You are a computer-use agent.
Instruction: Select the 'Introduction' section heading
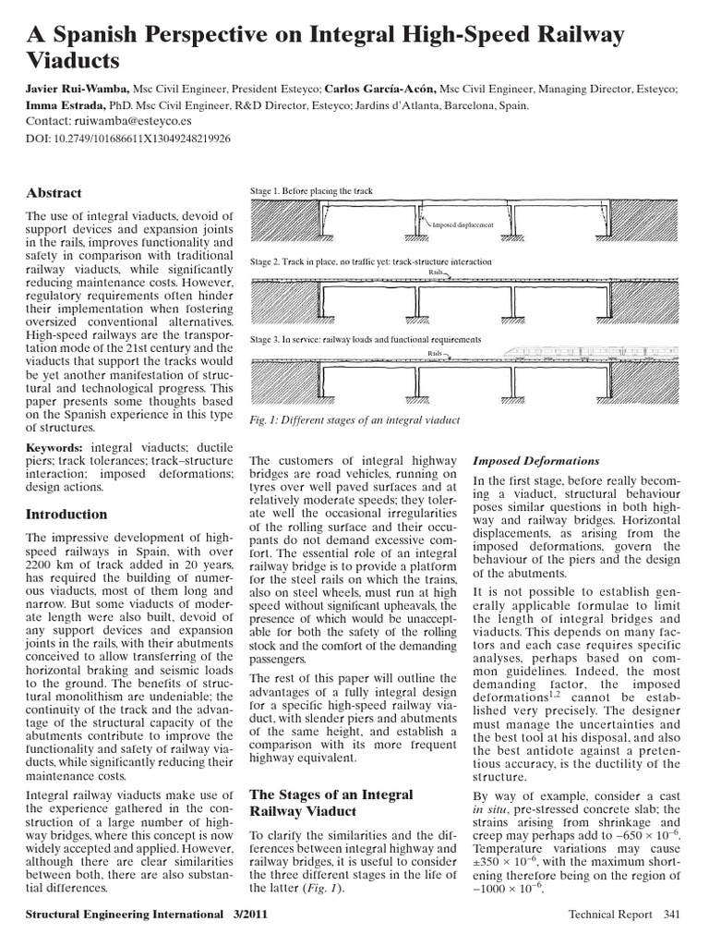(66, 514)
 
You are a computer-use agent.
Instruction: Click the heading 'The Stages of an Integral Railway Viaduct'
(331, 802)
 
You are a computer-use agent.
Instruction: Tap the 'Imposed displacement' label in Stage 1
(463, 224)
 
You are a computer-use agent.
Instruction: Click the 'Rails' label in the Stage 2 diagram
(437, 273)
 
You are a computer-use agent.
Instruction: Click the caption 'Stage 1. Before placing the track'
(311, 191)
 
